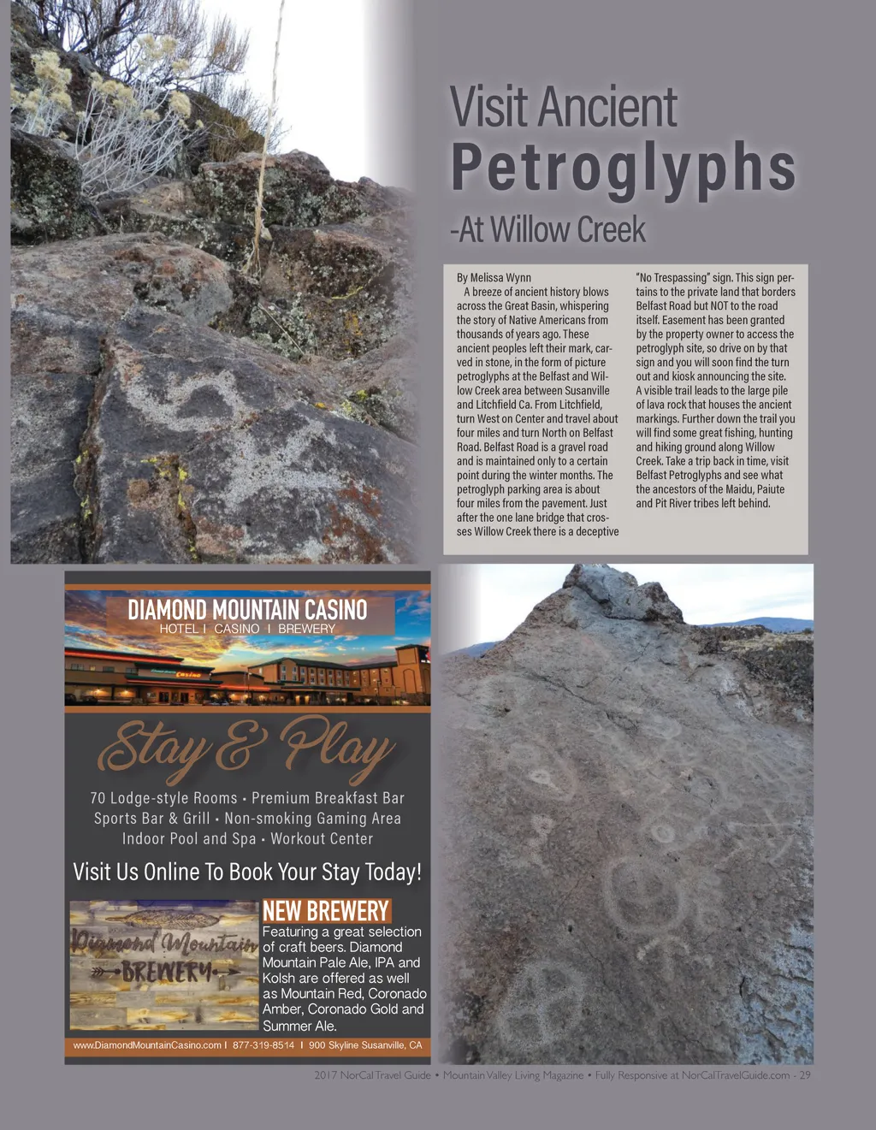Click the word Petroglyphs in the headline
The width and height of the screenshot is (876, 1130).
624,169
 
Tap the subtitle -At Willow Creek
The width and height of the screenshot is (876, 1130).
547,230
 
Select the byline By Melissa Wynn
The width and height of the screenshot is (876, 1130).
494,278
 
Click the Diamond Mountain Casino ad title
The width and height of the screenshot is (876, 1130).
247,610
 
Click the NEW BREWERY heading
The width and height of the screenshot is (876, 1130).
325,911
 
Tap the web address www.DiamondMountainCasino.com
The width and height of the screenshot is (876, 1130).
146,1045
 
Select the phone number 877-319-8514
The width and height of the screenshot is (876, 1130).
263,1045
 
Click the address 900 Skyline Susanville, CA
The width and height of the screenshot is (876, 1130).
365,1045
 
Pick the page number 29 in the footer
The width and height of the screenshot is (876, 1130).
805,1075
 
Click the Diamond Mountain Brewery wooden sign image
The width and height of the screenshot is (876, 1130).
163,963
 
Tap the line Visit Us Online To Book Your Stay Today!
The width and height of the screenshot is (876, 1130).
247,873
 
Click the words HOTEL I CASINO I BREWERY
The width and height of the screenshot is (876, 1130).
247,629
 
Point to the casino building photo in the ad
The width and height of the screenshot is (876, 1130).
247,676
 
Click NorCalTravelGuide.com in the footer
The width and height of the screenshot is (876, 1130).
735,1075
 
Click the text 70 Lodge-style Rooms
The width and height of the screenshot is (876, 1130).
163,798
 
